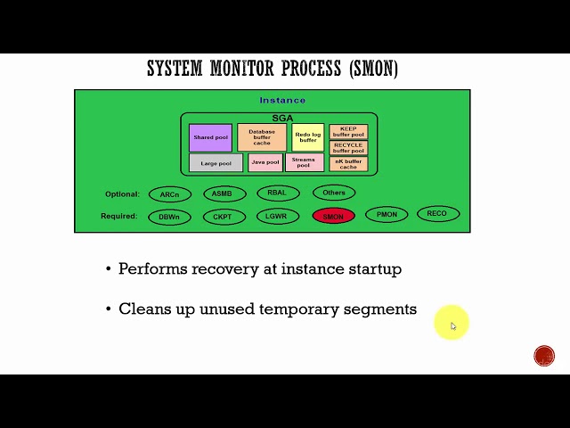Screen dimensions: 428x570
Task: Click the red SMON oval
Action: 334,216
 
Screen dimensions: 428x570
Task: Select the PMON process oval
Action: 387,215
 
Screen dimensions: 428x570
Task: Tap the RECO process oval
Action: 437,214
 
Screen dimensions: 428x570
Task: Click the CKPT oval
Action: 224,217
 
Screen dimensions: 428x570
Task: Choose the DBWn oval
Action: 169,217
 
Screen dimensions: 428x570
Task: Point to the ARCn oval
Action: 169,194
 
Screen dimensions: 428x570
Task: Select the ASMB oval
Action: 224,193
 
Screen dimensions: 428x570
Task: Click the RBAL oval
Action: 277,193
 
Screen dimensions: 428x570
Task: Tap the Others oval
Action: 334,193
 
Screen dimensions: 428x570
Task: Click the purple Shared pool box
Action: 210,137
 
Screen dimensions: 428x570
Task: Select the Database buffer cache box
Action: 262,137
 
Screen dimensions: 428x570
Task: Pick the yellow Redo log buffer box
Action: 307,137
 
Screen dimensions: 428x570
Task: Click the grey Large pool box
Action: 216,163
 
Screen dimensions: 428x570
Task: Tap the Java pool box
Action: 265,163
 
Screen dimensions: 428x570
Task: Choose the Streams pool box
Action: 304,163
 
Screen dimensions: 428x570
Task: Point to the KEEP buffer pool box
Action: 348,132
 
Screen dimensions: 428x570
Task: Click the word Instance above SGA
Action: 282,101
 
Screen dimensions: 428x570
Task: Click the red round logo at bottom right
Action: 544,356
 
